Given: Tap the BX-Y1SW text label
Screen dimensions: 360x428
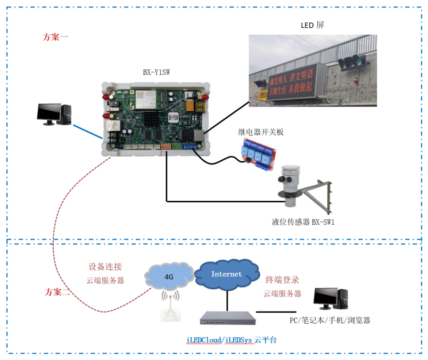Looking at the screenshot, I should (157, 71).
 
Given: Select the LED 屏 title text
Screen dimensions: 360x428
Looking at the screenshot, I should (312, 26).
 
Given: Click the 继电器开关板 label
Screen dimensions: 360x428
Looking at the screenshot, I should (261, 132).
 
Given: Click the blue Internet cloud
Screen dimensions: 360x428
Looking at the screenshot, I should (226, 274).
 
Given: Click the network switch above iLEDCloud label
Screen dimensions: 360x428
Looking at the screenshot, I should (227, 318).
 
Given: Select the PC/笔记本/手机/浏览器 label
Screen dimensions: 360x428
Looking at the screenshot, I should (330, 320).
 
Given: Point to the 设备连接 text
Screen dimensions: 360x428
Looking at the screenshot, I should (105, 267).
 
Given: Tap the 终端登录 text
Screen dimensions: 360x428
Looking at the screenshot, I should (282, 280).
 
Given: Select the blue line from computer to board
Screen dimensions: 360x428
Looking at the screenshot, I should (88, 131).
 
